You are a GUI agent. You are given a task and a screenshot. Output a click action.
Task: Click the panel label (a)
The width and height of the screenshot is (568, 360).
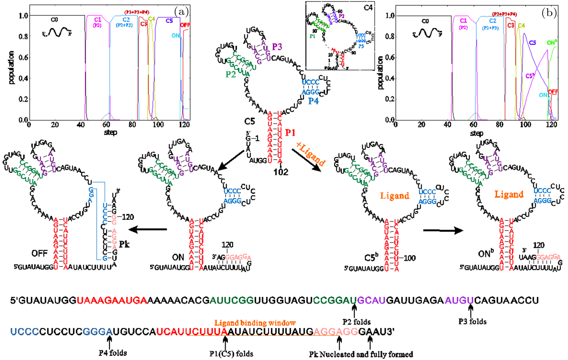click(181, 12)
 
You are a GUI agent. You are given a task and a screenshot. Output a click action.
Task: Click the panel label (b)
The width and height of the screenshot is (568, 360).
click(549, 13)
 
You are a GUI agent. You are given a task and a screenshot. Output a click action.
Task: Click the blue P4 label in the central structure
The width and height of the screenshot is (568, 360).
click(313, 101)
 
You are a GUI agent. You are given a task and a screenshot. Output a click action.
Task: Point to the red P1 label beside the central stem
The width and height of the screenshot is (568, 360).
click(290, 133)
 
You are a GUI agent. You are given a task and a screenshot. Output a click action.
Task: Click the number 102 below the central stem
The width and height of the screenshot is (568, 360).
click(281, 172)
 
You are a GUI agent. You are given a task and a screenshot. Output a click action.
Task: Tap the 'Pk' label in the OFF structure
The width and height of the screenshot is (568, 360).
click(124, 244)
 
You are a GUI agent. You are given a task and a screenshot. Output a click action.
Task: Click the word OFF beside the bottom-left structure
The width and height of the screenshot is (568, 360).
click(39, 253)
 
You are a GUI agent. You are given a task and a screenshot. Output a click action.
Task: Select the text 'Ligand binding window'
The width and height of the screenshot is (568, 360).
click(255, 323)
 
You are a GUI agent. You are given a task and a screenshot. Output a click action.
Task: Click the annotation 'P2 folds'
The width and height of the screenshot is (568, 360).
click(356, 322)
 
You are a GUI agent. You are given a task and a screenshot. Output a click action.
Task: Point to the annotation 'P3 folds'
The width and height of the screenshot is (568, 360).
click(472, 321)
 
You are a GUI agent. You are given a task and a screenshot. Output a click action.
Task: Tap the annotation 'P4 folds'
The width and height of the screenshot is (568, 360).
click(113, 353)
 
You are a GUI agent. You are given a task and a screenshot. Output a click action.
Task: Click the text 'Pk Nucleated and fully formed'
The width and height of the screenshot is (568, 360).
click(361, 354)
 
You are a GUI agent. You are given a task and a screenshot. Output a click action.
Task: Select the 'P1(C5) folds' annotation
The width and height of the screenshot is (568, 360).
click(231, 354)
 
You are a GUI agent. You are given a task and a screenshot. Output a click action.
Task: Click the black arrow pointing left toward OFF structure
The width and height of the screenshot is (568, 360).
click(148, 229)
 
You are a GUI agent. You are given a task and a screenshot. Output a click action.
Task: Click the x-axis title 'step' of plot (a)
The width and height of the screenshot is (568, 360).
click(110, 132)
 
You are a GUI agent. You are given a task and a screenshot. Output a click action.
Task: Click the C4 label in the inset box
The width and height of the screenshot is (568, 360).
click(368, 7)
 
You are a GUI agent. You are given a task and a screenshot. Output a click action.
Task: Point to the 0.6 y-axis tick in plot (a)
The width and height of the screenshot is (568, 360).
click(23, 57)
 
